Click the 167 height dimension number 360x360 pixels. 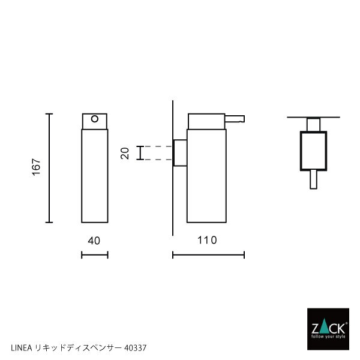pos(35,168)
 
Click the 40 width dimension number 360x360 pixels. pos(94,240)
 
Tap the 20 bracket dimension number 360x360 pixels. pos(125,153)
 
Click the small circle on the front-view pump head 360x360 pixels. pos(94,119)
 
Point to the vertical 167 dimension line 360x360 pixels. pos(50,168)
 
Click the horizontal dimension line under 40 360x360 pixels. pos(94,255)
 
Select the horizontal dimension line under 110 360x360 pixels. pos(208,255)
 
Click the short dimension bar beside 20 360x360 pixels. pos(140,153)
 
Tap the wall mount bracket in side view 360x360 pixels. pos(179,152)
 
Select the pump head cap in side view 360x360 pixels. pos(206,120)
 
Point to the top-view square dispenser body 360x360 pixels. pos(313,151)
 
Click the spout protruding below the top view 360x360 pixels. pos(313,179)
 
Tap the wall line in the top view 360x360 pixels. pos(313,116)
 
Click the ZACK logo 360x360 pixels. pos(327,329)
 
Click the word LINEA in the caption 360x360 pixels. pos(22,347)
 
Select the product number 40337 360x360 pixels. pos(136,347)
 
